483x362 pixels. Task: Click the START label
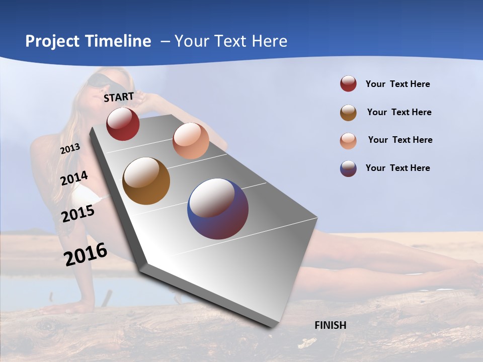click(119, 97)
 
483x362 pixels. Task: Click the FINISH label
click(330, 325)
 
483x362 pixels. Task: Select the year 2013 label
click(70, 148)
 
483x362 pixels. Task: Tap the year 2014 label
click(74, 178)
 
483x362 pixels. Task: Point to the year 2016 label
click(86, 254)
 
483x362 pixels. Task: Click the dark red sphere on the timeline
click(123, 124)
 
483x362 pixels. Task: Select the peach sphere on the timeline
click(191, 141)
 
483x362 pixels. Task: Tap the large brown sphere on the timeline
click(146, 181)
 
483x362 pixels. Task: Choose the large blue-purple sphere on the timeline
click(218, 209)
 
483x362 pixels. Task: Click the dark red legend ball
click(348, 84)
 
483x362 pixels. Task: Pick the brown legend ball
click(348, 113)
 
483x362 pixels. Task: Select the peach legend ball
click(348, 141)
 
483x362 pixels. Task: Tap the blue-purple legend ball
click(348, 168)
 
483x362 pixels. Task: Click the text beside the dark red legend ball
click(397, 84)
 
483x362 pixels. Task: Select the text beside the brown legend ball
click(399, 112)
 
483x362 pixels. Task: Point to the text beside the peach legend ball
click(400, 140)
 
